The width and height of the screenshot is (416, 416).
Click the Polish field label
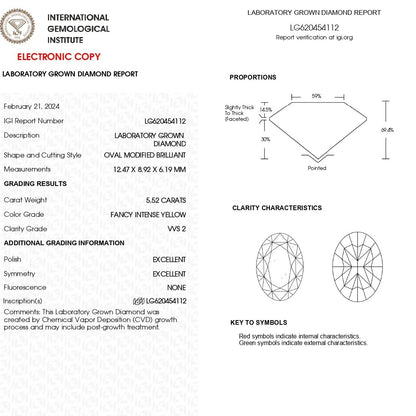click(x=14, y=257)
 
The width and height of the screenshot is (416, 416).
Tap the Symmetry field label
click(x=21, y=271)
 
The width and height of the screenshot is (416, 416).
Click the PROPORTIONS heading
click(x=253, y=76)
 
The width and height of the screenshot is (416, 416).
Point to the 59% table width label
click(x=316, y=95)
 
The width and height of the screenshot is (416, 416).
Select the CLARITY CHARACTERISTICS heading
click(x=277, y=207)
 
